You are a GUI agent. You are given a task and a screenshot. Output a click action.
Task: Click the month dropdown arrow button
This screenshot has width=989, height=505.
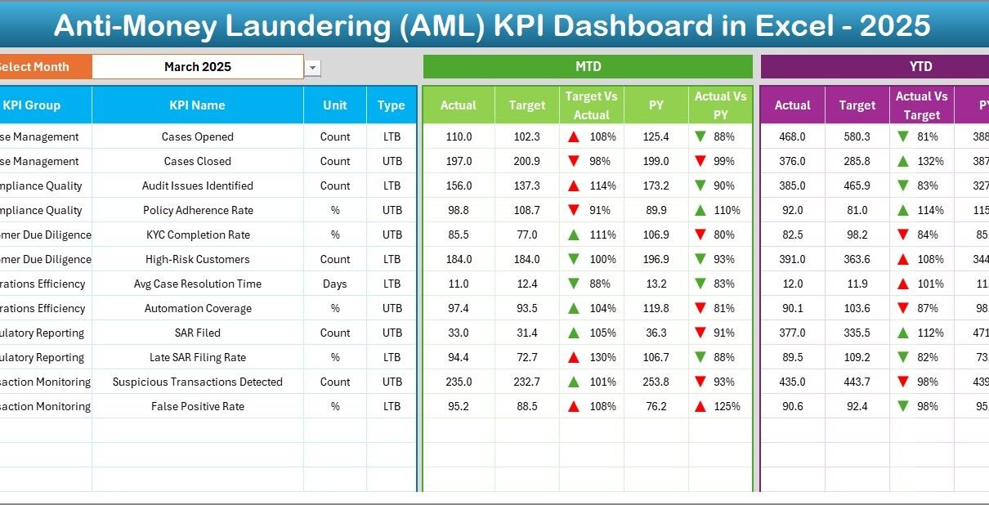(x=312, y=69)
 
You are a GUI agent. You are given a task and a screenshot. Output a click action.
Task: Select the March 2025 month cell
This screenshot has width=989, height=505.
(x=197, y=67)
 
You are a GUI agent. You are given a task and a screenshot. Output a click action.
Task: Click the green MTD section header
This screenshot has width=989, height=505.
(x=588, y=66)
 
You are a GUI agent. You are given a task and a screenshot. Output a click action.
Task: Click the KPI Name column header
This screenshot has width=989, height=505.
(x=197, y=105)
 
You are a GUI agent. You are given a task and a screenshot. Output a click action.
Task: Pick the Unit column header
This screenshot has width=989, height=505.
(x=334, y=105)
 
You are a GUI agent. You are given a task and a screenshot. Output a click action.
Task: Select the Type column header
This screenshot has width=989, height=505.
(x=392, y=105)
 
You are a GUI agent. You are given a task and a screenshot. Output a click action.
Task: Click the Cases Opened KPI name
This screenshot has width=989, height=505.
(x=197, y=137)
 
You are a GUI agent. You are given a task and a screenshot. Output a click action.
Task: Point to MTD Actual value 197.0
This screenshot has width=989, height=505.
(x=458, y=162)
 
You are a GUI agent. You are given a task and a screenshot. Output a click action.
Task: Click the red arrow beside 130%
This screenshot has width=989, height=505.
(x=574, y=358)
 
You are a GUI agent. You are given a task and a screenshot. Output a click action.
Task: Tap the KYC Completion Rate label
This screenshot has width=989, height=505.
(x=197, y=235)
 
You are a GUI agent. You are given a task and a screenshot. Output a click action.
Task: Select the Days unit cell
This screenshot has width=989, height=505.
(x=334, y=284)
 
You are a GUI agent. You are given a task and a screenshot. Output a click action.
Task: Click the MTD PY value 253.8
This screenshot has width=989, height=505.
(x=656, y=382)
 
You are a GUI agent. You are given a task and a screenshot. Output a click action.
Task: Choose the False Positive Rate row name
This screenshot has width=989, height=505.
(x=197, y=407)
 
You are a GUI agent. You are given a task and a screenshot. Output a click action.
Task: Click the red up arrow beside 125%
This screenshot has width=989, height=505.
(x=700, y=407)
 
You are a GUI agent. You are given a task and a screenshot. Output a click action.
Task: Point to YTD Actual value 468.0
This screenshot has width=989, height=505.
(x=792, y=137)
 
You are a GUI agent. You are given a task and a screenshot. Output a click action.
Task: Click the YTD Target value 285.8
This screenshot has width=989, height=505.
(x=857, y=162)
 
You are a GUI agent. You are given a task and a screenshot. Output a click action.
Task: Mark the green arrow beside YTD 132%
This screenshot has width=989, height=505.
(x=902, y=162)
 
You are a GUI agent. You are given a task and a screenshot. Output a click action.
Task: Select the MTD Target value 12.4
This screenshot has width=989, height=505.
(x=526, y=284)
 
